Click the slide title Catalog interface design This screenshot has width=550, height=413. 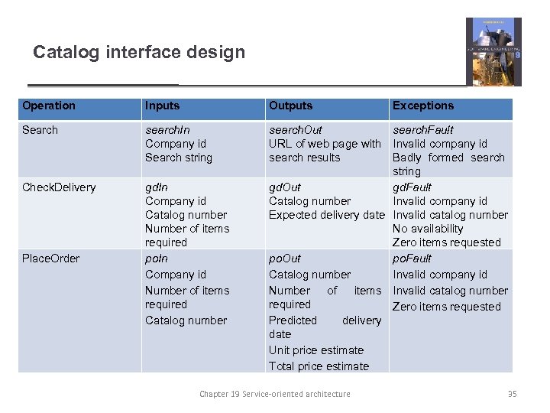pos(139,53)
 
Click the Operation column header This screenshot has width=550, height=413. pos(49,106)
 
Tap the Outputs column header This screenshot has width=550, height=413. pos(290,106)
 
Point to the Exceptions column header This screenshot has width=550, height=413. pos(422,106)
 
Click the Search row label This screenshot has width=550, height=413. pos(40,130)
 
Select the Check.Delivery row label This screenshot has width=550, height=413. pos(59,187)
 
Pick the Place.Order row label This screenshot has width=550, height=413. pos(50,259)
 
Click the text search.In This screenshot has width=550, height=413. pos(167,130)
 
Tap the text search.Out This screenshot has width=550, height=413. pos(295,130)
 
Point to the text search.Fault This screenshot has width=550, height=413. pos(422,130)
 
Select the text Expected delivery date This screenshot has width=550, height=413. pos(326,215)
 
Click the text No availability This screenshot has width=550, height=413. pos(428,229)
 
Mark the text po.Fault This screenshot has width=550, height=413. pos(412,259)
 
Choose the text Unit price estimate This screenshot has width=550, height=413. pos(315,350)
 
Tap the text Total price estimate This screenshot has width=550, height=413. pos(319,366)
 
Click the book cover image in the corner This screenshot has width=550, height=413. pos(493,51)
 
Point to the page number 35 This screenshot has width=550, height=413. pos(512,394)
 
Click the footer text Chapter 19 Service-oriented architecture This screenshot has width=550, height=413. pos(275,394)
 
